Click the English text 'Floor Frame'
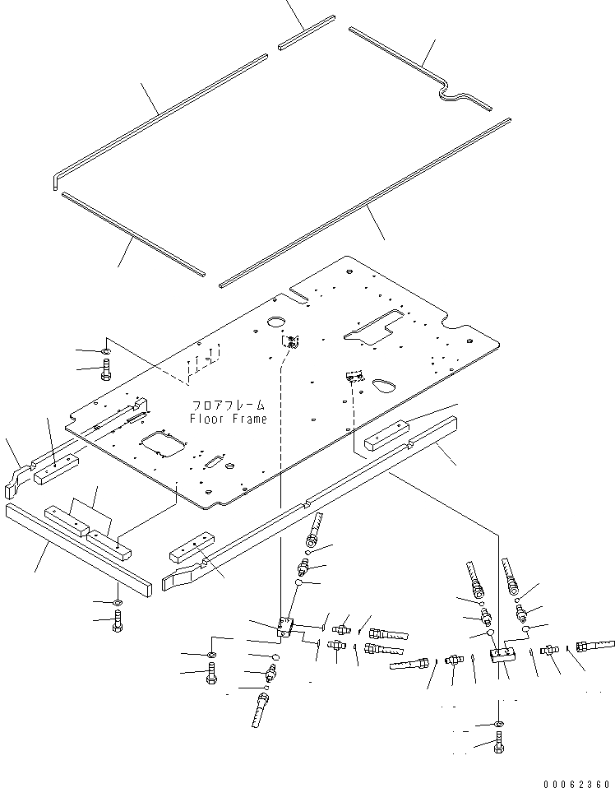228,419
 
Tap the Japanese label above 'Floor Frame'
229,406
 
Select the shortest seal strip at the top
306,33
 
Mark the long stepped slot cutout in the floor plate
374,323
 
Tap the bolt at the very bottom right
499,747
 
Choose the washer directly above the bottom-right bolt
499,723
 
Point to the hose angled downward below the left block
261,709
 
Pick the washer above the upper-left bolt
107,352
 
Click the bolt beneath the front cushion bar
118,626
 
